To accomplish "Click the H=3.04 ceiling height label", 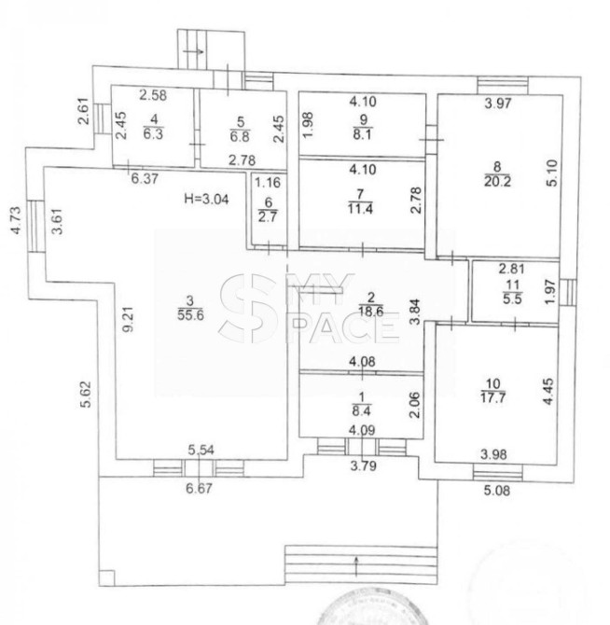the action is pos(206,199).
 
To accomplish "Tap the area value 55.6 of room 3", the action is pos(190,315).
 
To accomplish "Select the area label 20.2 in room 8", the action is pos(497,181).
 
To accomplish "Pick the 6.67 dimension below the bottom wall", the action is pos(200,488).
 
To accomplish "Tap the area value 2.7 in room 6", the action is pos(268,216).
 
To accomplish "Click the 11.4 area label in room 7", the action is pos(360,208).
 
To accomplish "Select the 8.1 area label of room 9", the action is pos(362,134).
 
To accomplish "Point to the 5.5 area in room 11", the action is pos(512,299).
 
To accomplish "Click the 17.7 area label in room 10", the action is pos(492,397).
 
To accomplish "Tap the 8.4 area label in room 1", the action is pos(362,410).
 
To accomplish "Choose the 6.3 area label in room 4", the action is pos(153,133).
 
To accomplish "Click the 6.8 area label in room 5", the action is pos(240,136).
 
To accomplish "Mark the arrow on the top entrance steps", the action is pos(194,51).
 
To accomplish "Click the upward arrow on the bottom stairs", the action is pos(355,567).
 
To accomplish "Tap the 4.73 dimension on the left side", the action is pos(16,219).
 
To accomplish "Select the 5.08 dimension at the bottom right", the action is pos(497,490).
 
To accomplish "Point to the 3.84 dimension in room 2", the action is pos(415,312).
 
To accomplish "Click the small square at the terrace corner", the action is pos(106,577).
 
